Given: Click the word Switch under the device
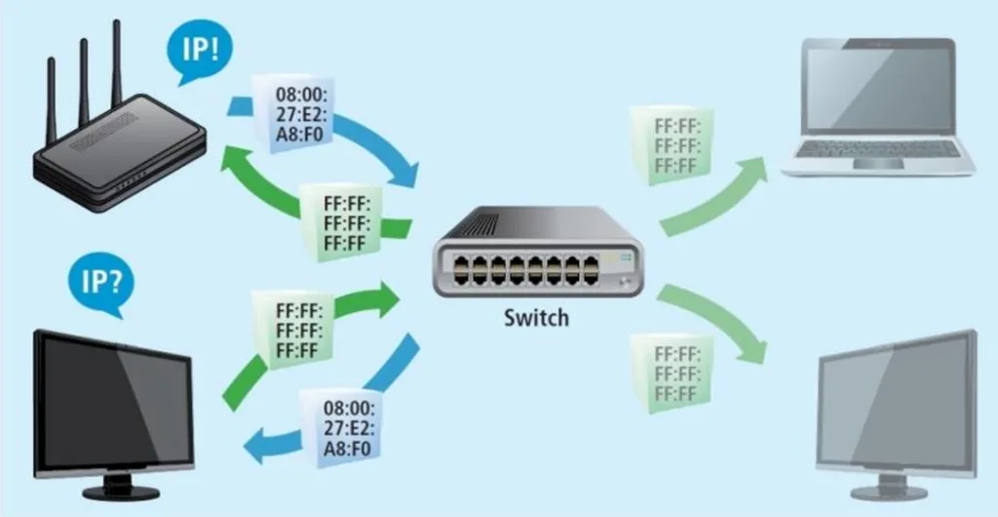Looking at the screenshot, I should click(x=536, y=317).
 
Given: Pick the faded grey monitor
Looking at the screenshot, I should click(x=897, y=410).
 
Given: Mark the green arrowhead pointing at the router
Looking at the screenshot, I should click(x=235, y=157).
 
